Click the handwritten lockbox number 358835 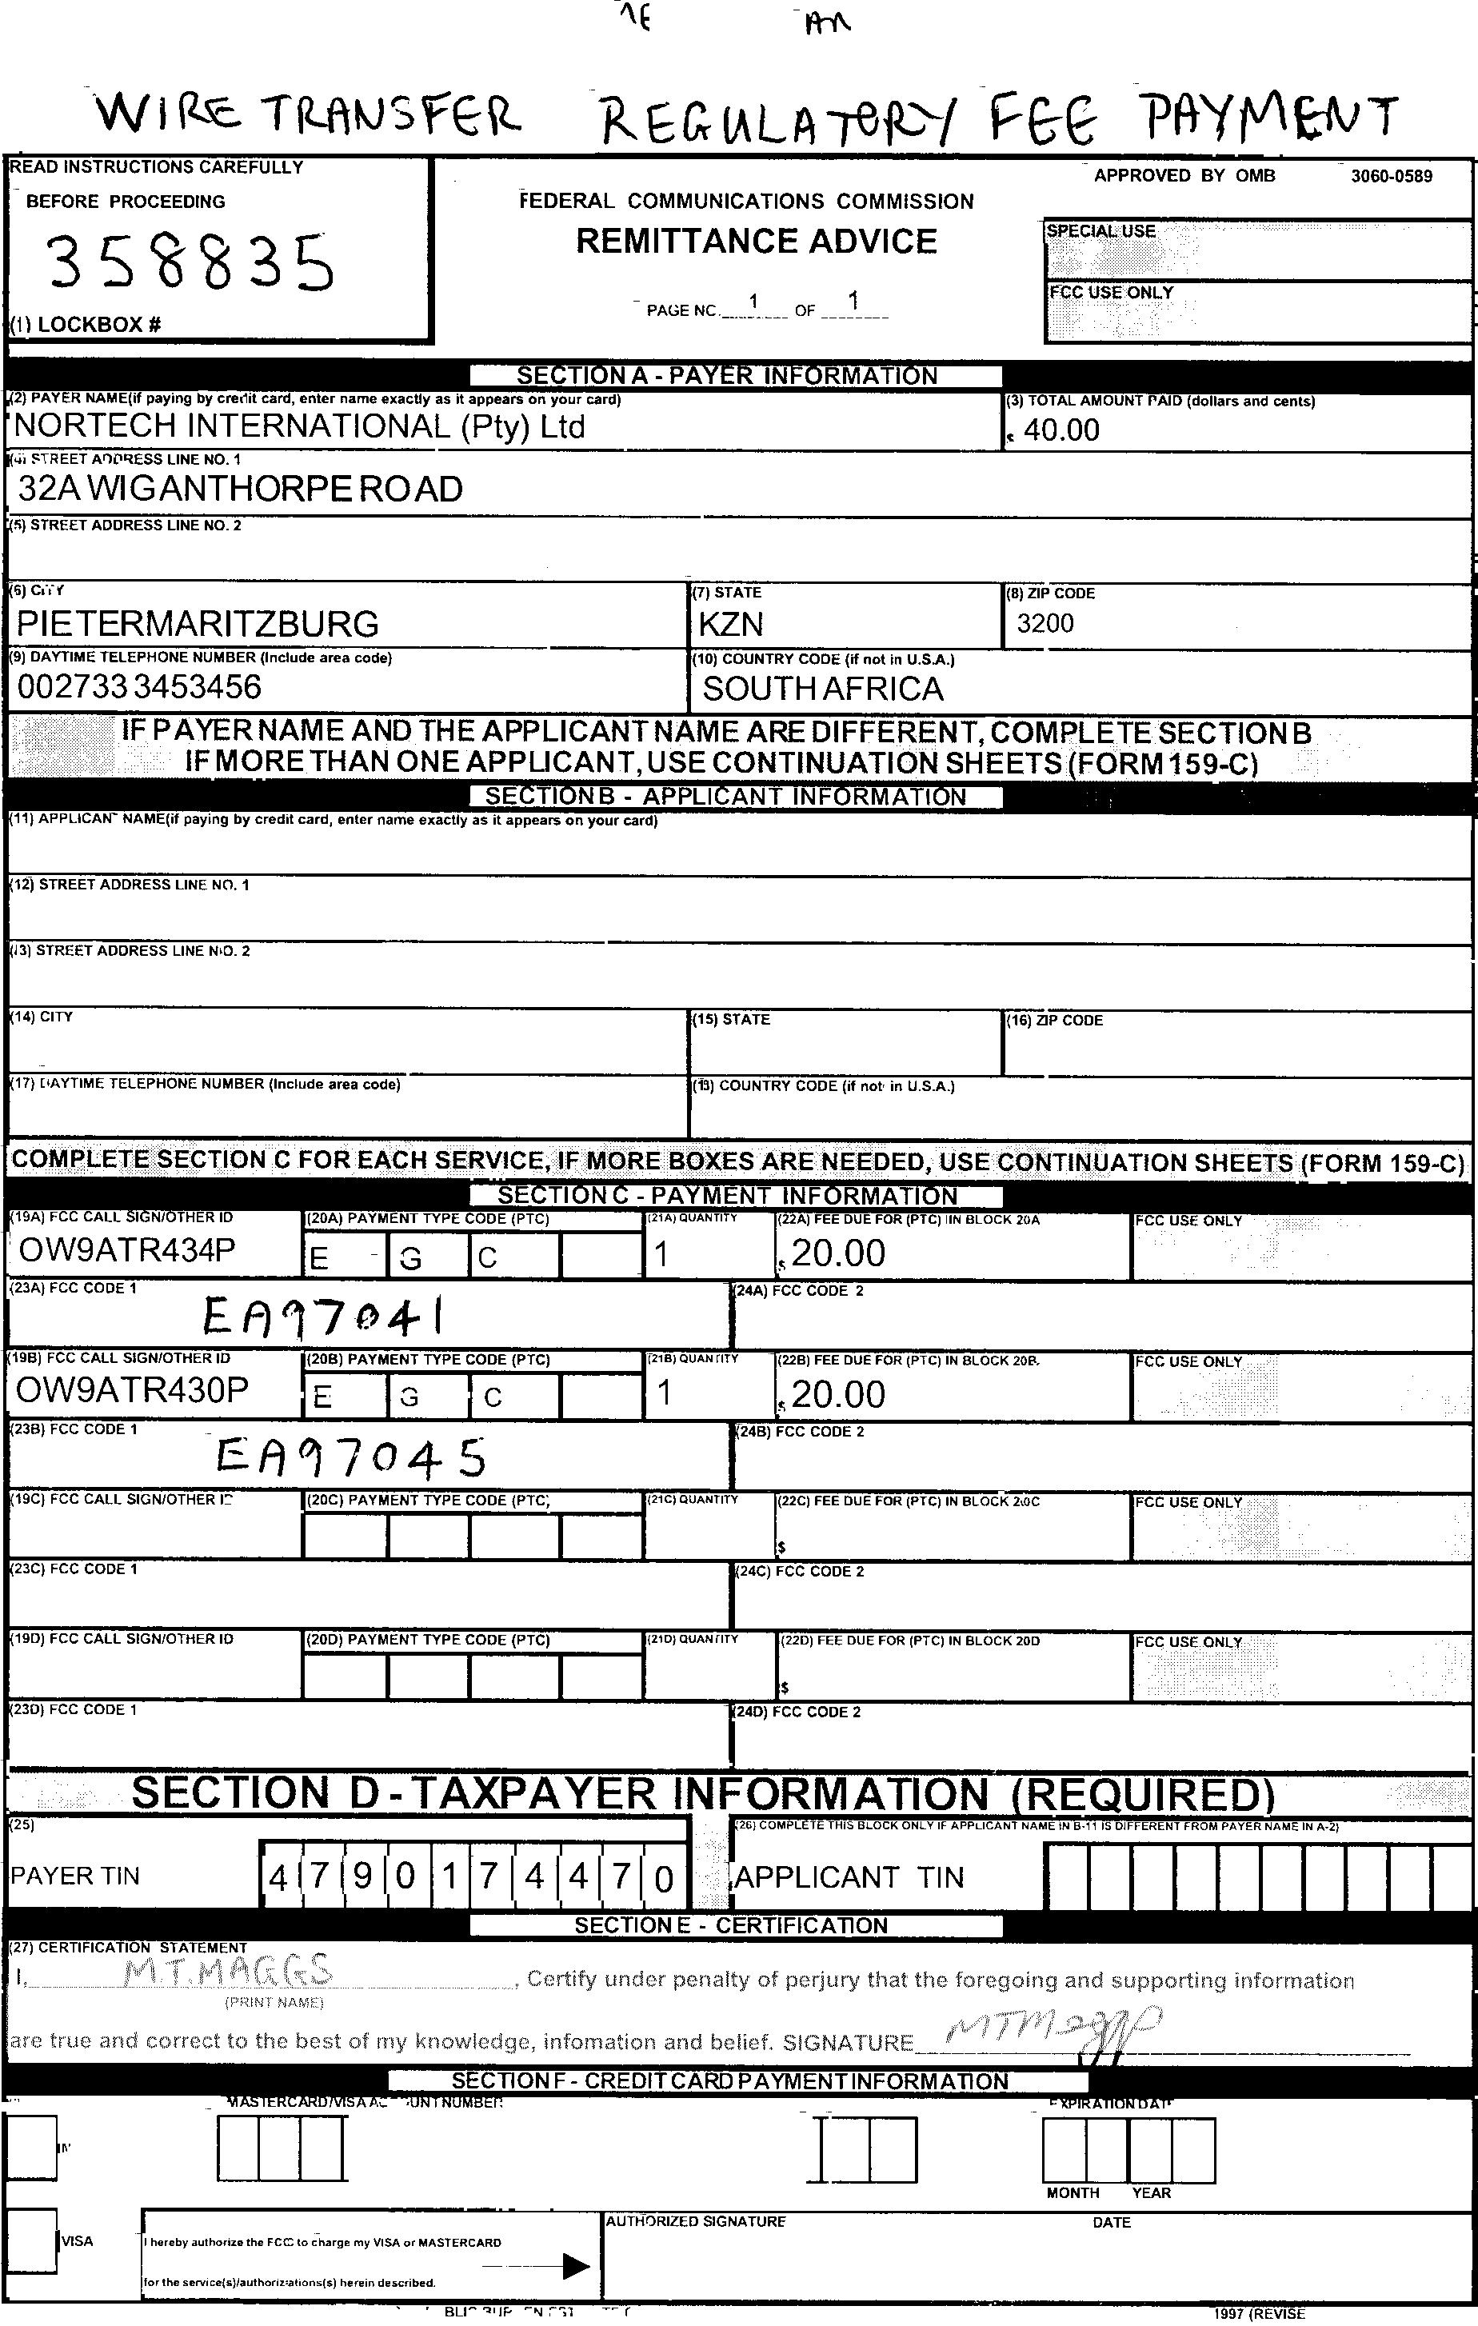point(190,262)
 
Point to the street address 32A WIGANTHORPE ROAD point(241,489)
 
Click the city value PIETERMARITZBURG point(198,623)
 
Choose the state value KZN point(730,624)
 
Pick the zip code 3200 point(1045,623)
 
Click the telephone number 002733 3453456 point(139,687)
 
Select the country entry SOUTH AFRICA point(823,689)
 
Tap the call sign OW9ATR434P point(126,1250)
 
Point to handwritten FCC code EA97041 point(326,1315)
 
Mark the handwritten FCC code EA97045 point(350,1456)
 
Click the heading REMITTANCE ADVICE point(757,242)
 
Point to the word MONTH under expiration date point(1073,2192)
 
